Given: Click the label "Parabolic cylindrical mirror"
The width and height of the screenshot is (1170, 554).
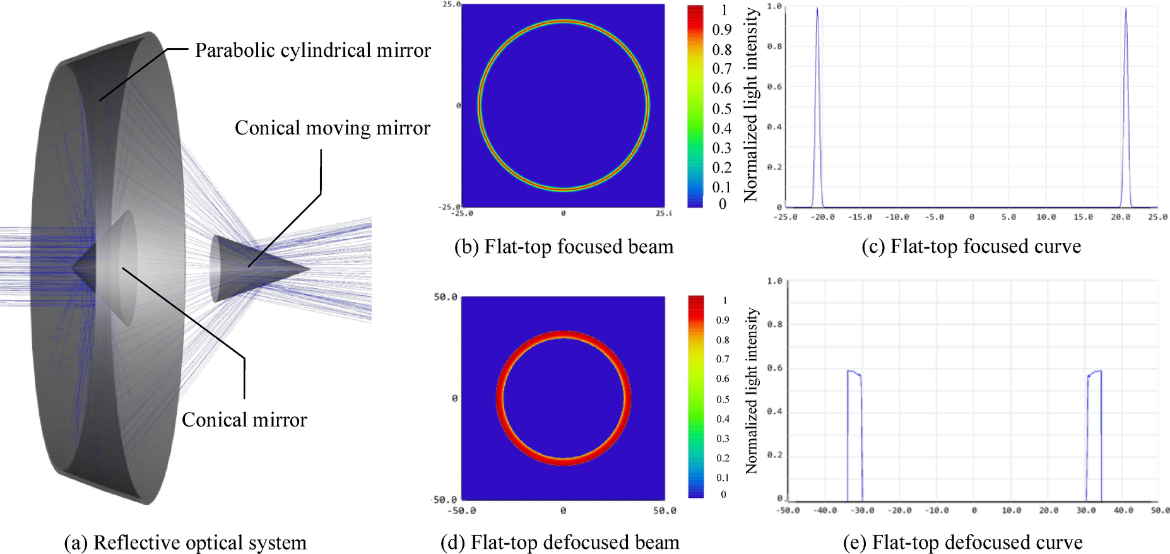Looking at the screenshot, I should (x=312, y=50).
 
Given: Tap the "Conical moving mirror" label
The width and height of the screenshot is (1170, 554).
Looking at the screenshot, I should (x=332, y=128).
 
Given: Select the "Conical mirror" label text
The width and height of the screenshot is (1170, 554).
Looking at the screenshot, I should (x=244, y=420).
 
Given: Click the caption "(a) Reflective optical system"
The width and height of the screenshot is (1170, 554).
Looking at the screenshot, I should (x=185, y=543).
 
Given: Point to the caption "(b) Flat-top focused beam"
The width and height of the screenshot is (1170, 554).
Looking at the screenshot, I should (x=564, y=247).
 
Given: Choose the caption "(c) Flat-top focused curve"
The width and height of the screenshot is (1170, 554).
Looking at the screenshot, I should (x=971, y=247).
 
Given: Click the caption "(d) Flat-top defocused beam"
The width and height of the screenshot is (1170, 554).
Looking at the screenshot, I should (x=560, y=543).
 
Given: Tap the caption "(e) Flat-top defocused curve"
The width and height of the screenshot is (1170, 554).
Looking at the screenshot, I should (x=962, y=543).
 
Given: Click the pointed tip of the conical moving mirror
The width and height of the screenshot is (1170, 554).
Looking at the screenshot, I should (x=309, y=268).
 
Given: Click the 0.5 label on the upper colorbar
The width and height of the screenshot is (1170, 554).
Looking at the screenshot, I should (x=722, y=109).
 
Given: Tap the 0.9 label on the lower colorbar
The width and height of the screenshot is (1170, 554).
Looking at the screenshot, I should (x=723, y=321).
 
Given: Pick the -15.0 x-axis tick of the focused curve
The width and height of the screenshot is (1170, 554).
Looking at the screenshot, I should (x=860, y=217).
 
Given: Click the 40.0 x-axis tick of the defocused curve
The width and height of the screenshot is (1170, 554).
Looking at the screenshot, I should (x=1123, y=510).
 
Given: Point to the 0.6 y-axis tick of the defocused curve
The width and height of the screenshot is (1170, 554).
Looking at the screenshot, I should (x=775, y=368).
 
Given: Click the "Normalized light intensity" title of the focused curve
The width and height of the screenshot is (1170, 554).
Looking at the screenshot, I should (x=751, y=105).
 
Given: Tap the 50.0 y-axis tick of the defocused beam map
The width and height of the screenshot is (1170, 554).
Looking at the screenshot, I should (x=446, y=297).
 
